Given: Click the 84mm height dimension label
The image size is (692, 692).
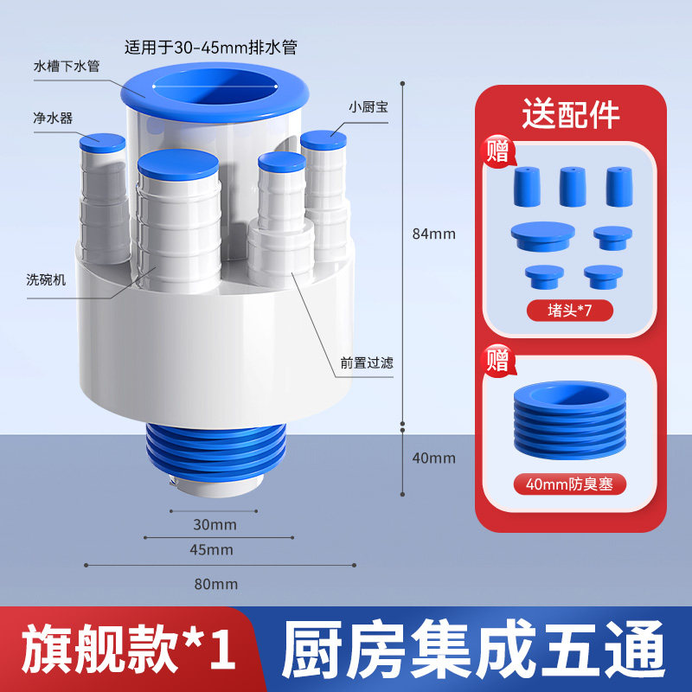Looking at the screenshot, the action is pyautogui.click(x=434, y=234).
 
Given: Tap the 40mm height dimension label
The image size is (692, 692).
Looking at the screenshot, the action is pyautogui.click(x=434, y=458).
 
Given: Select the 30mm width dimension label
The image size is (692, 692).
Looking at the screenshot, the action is pyautogui.click(x=215, y=525).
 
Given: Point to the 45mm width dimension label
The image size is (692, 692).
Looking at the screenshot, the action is pyautogui.click(x=211, y=550).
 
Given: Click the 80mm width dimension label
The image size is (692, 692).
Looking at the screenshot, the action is pyautogui.click(x=216, y=585).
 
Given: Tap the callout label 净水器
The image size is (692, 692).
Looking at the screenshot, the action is pyautogui.click(x=53, y=118).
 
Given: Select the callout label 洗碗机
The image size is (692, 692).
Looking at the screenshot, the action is pyautogui.click(x=46, y=279).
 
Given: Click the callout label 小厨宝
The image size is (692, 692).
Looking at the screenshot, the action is pyautogui.click(x=368, y=106).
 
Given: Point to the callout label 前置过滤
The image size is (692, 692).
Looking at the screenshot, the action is pyautogui.click(x=367, y=362).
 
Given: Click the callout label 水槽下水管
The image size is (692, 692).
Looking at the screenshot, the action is pyautogui.click(x=67, y=67).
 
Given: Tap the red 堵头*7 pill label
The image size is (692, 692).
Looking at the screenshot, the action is pyautogui.click(x=570, y=311).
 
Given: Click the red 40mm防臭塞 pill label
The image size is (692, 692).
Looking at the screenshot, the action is pyautogui.click(x=570, y=484).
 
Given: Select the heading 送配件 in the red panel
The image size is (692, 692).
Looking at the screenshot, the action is pyautogui.click(x=571, y=114).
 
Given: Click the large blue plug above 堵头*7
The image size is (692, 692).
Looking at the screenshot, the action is pyautogui.click(x=543, y=236).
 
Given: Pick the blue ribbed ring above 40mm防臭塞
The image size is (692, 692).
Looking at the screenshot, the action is pyautogui.click(x=570, y=420).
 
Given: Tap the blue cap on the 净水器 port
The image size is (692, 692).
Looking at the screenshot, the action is pyautogui.click(x=102, y=144).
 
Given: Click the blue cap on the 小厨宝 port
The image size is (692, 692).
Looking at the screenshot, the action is pyautogui.click(x=324, y=140).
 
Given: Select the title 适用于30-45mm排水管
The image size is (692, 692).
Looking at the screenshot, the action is pyautogui.click(x=211, y=47).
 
